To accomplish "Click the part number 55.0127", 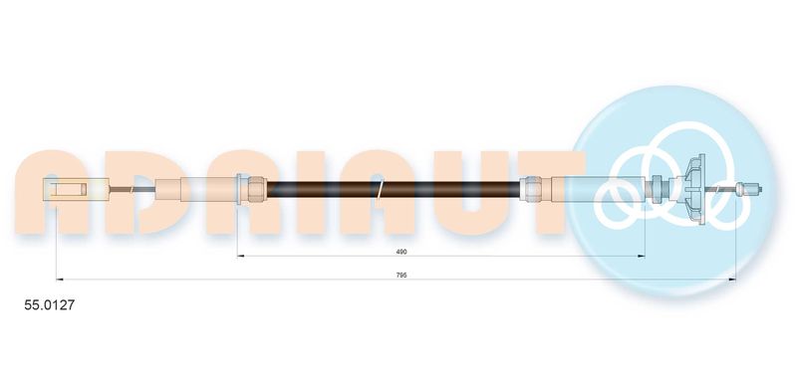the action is tap(50, 305).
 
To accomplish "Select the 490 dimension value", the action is tap(402, 251).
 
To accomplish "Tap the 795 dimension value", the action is tap(402, 275).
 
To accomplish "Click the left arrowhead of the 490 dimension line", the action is tap(241, 257).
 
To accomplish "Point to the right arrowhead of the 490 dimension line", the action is tap(642, 257).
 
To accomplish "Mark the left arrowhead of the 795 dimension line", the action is tap(60, 280).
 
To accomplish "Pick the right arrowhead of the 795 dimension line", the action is tap(732, 280).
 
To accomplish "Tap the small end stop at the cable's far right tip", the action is tap(749, 189).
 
